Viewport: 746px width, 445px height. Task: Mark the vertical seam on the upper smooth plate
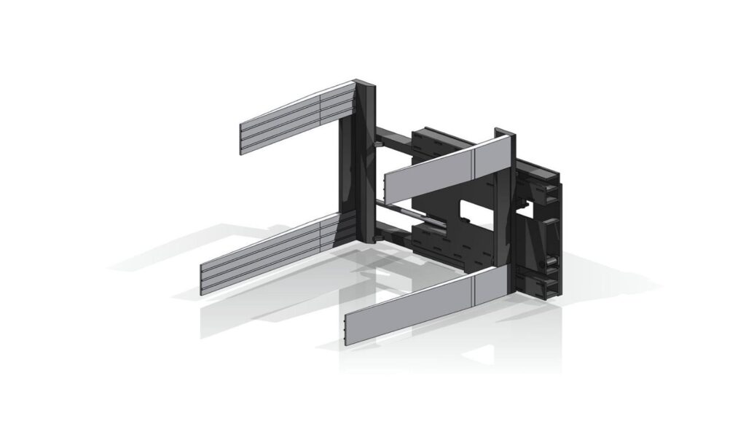(x=474, y=162)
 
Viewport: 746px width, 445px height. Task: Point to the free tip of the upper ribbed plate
(x=243, y=138)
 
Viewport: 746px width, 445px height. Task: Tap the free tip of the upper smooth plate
(x=387, y=188)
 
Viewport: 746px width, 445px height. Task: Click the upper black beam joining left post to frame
(x=393, y=136)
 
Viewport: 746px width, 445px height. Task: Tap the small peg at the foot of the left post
(x=374, y=239)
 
